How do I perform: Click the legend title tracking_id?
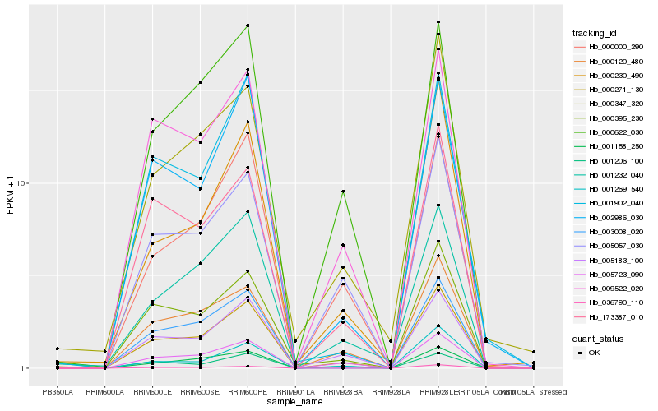[x=595, y=33]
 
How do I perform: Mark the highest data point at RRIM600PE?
[x=248, y=25]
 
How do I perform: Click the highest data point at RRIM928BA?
[x=343, y=192]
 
